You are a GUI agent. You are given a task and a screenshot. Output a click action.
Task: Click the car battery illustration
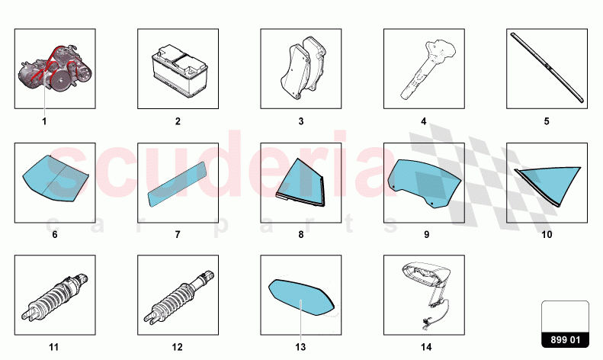[180, 72]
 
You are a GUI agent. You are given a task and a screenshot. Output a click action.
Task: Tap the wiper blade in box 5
[547, 68]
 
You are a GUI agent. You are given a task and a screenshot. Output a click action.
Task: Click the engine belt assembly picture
[56, 69]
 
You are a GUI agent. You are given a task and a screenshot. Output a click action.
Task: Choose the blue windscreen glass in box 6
[56, 178]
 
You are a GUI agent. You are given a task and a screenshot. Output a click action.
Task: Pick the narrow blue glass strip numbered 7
[178, 185]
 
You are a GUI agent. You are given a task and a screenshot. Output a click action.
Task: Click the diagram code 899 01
[565, 340]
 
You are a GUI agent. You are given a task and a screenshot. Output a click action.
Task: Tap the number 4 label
[423, 121]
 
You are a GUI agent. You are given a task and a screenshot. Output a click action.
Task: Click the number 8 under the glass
[300, 235]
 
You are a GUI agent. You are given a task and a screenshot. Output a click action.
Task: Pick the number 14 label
[426, 347]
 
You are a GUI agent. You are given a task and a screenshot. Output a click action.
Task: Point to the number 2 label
[178, 121]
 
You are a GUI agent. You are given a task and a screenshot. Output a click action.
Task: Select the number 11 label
[54, 347]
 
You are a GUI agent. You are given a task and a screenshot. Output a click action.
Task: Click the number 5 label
[547, 121]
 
